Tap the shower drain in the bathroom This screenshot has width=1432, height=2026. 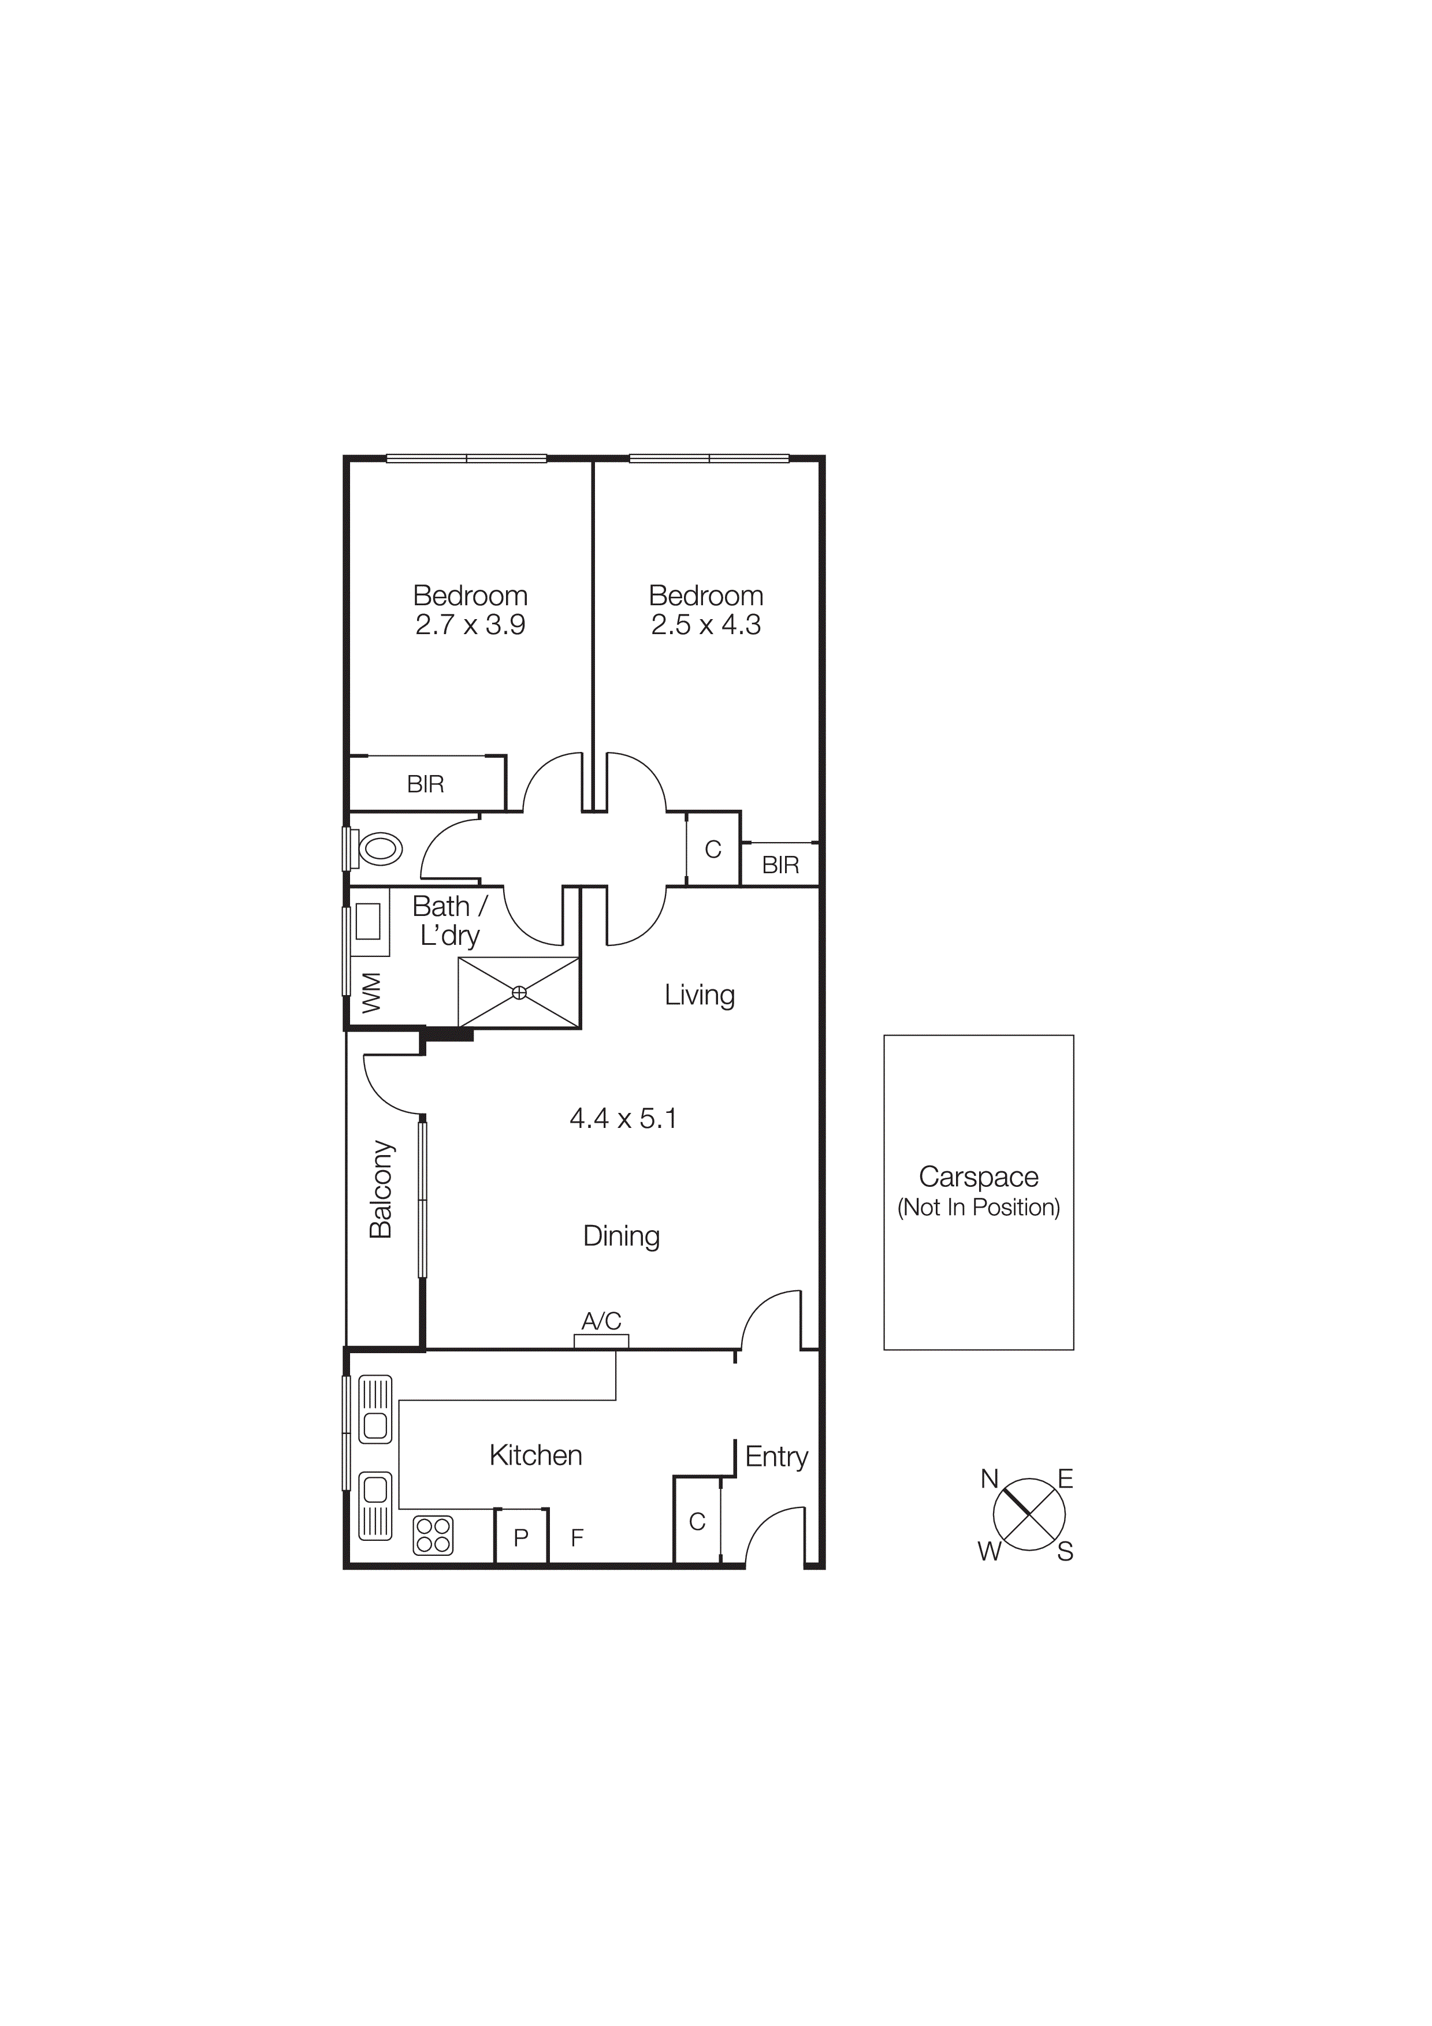coord(519,993)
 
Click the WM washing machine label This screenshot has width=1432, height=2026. coord(371,993)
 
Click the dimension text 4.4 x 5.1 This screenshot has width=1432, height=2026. coord(623,1119)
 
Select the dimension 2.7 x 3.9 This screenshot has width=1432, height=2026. coord(470,625)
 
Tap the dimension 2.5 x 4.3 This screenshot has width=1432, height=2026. coord(706,625)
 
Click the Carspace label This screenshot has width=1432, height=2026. coord(979,1177)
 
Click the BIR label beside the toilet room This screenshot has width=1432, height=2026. coord(425,784)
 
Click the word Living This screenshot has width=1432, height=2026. coord(700,995)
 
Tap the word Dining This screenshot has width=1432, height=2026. coord(621,1237)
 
